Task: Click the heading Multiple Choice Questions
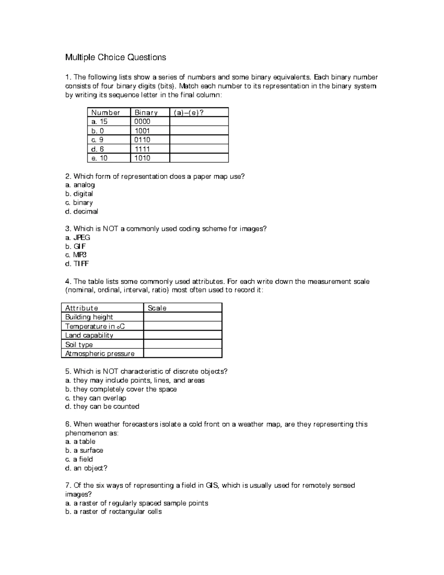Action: tap(115, 57)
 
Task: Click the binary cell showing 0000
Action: tap(142, 121)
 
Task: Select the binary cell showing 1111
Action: tap(142, 149)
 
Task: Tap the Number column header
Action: tap(106, 113)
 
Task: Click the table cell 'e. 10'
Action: tap(99, 158)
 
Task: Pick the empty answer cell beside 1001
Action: tap(199, 131)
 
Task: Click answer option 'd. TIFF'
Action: tap(77, 264)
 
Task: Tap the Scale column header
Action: tap(157, 308)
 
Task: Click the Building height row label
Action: tap(89, 317)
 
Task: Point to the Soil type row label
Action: tap(79, 344)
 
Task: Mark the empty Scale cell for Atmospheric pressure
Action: tap(182, 354)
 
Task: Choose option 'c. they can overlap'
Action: tap(95, 398)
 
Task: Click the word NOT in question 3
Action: tap(110, 229)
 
